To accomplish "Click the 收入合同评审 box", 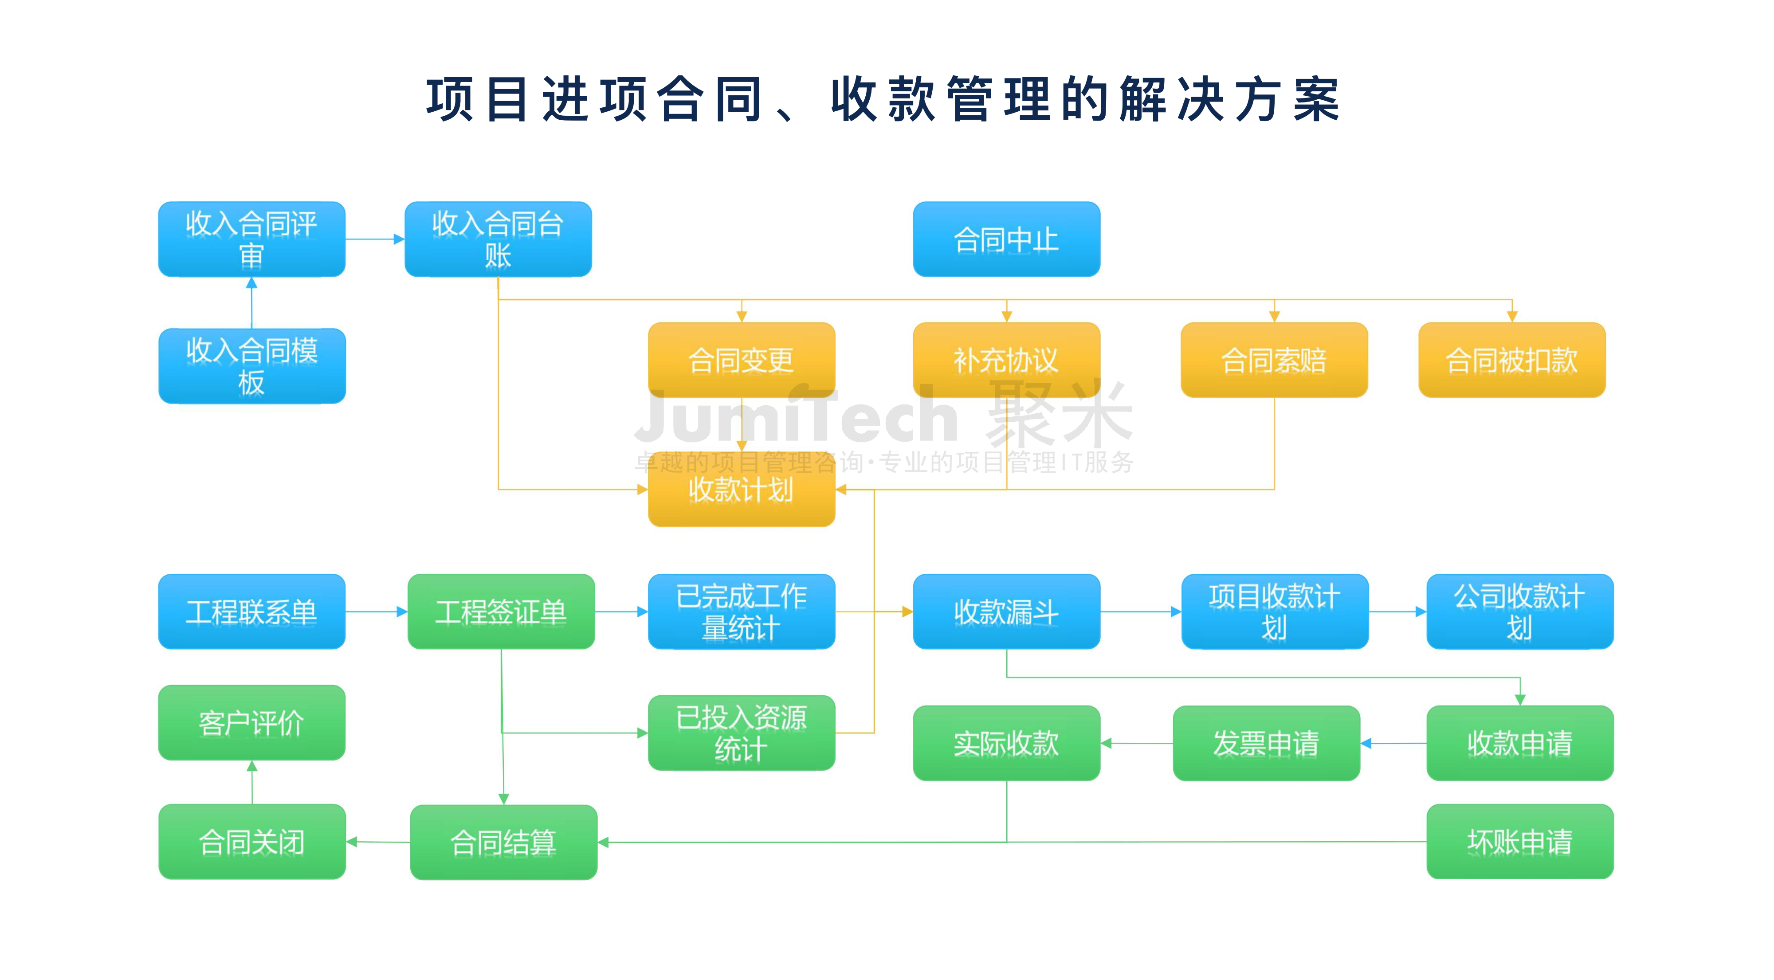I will (251, 239).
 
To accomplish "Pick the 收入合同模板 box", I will (251, 366).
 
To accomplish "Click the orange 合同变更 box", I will (741, 360).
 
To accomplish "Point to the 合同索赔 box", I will (1273, 360).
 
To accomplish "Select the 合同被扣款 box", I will (1511, 360).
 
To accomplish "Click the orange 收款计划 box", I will (741, 489).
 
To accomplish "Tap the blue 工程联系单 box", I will (251, 611).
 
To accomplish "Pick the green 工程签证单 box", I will (501, 611).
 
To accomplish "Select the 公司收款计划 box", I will (1519, 611).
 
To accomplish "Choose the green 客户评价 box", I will (251, 722).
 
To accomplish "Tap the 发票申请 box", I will (1266, 743).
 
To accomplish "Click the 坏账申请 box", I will (1519, 841).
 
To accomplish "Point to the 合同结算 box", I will (503, 842).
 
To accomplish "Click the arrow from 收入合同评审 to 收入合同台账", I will (374, 239).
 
